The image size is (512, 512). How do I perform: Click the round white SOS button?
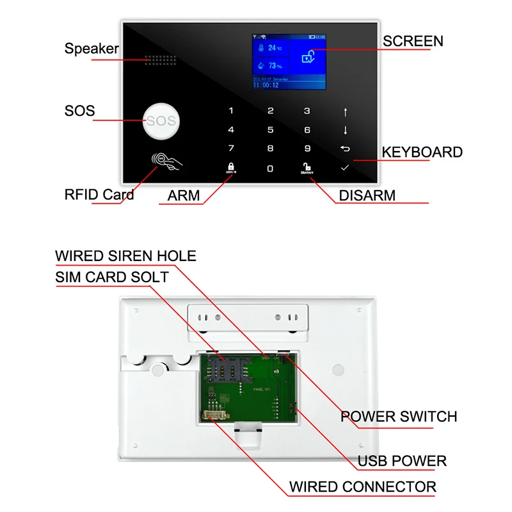pos(160,121)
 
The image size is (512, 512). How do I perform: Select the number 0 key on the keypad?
pos(270,168)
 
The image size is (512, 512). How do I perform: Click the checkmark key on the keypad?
pos(345,168)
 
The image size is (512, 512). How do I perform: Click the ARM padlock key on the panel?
pos(230,168)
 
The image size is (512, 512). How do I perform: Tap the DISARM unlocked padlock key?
pos(307,169)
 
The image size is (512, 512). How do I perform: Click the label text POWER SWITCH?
pos(398,417)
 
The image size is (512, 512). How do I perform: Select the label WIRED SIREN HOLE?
pos(125,256)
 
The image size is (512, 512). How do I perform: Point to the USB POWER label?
pos(402,461)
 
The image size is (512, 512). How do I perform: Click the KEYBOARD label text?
pos(422,152)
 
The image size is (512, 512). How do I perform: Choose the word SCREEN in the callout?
pos(413,42)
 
